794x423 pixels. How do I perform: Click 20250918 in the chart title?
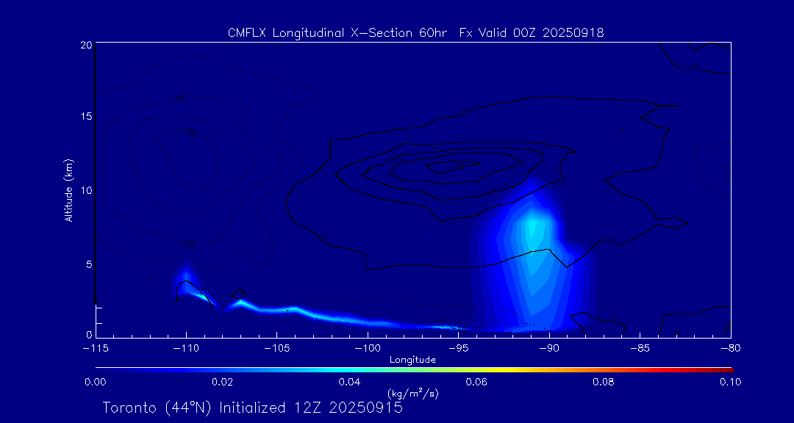573,32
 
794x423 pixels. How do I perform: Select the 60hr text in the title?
429,32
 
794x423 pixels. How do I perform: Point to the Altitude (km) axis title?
68,189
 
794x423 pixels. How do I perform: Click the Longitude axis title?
412,360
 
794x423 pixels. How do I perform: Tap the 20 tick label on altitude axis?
85,45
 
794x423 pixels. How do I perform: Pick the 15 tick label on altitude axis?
85,117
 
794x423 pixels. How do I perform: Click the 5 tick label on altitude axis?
88,263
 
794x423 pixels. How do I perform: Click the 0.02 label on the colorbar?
222,382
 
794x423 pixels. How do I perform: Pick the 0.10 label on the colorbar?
731,382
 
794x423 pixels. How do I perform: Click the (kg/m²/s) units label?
412,394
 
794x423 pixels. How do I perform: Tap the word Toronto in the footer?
129,408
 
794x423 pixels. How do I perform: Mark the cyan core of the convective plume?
534,231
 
